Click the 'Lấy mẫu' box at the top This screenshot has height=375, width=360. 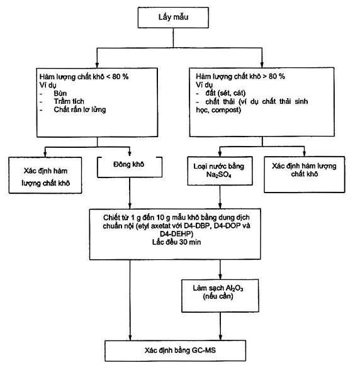pos(173,18)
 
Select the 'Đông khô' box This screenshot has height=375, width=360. pos(130,167)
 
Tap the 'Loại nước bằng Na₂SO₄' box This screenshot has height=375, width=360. pos(220,171)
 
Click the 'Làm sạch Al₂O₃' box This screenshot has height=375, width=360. pos(220,296)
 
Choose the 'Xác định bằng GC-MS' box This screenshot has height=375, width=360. pos(175,350)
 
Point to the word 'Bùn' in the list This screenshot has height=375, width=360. pos(60,93)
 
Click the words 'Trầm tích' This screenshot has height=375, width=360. pos(69,101)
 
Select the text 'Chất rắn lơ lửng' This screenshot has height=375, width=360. pos(80,109)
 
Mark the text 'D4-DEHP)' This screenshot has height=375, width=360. pos(176,234)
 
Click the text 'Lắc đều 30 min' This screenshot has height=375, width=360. pos(176,242)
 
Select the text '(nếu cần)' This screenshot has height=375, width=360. pos(218,296)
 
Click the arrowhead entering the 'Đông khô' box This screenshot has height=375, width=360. pos(130,154)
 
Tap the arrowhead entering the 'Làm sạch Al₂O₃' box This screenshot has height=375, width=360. pos(220,276)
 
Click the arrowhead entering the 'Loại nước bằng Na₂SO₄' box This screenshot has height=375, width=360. pos(220,154)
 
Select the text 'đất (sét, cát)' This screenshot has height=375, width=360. pos(225,93)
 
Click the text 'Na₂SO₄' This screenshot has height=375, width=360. pos(218,175)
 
